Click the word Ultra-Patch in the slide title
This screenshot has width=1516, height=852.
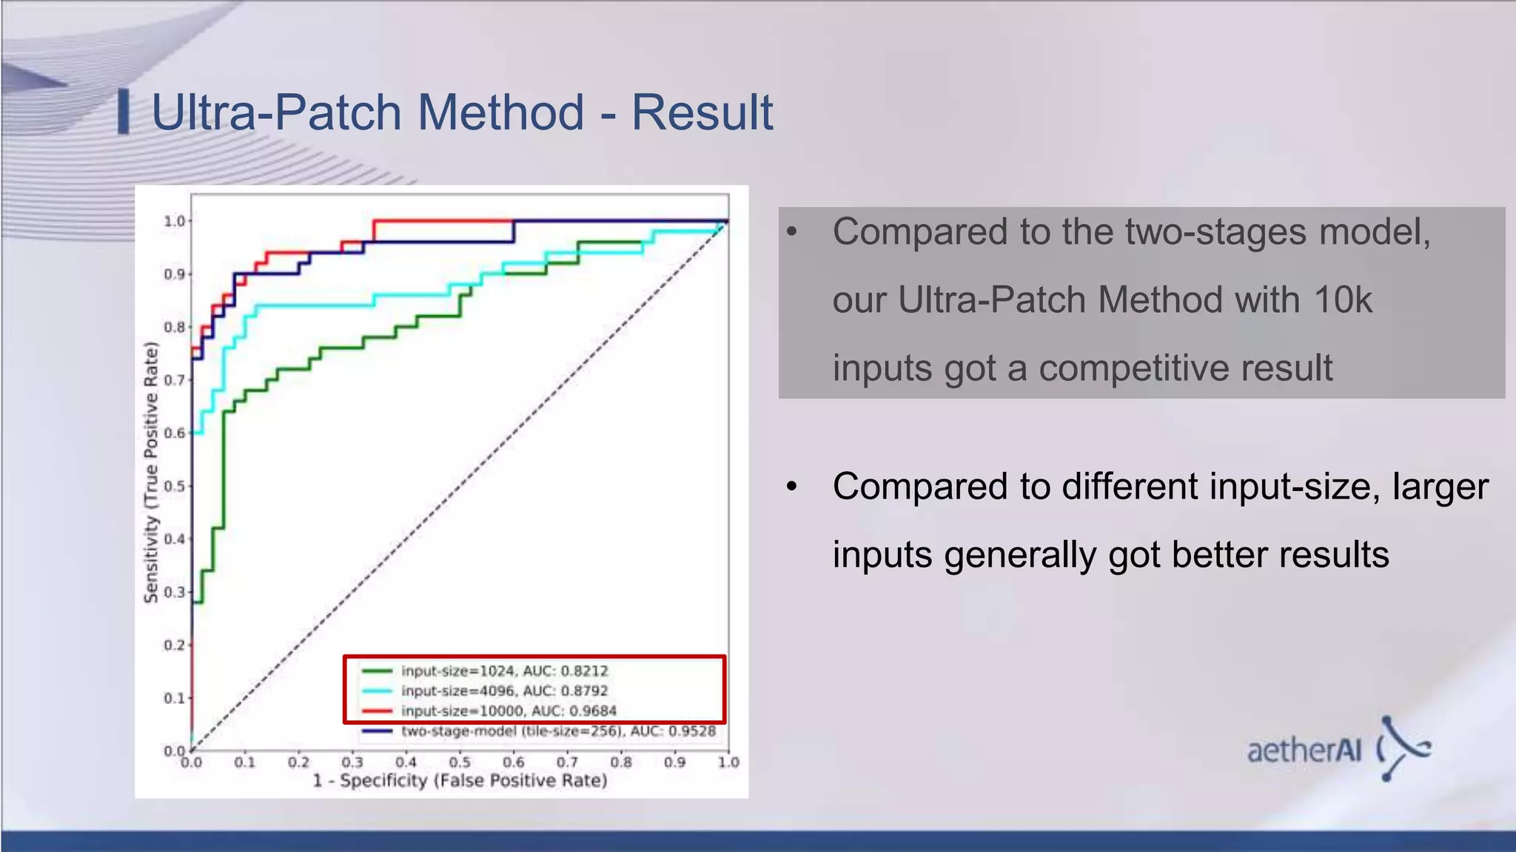(x=276, y=112)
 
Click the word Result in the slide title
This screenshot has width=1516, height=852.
(x=701, y=112)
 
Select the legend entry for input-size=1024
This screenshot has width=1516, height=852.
(x=503, y=671)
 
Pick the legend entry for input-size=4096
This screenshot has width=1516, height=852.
(x=503, y=691)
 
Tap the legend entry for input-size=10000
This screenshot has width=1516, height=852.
(x=508, y=711)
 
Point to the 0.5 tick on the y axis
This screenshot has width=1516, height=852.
(x=175, y=486)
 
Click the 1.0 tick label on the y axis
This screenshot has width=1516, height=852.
(x=175, y=221)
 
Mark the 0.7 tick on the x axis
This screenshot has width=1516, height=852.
(x=567, y=762)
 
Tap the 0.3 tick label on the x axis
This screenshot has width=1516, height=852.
(x=352, y=762)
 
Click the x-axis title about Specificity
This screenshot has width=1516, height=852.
(x=460, y=781)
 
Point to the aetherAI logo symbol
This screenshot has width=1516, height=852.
(x=1403, y=748)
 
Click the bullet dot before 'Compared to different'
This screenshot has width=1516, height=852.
(x=791, y=487)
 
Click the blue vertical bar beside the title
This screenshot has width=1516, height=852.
(x=124, y=112)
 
